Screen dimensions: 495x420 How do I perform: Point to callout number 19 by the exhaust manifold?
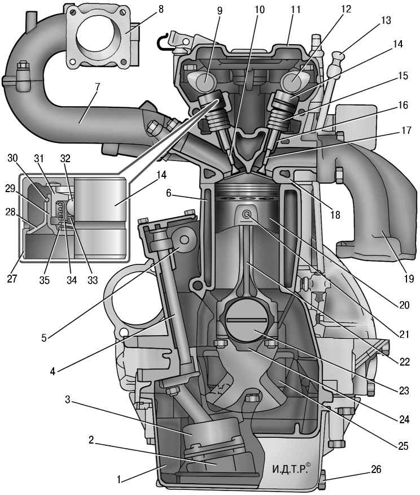(408, 278)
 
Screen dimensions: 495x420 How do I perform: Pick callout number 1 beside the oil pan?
(119, 480)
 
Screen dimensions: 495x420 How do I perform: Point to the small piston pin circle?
(247, 214)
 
